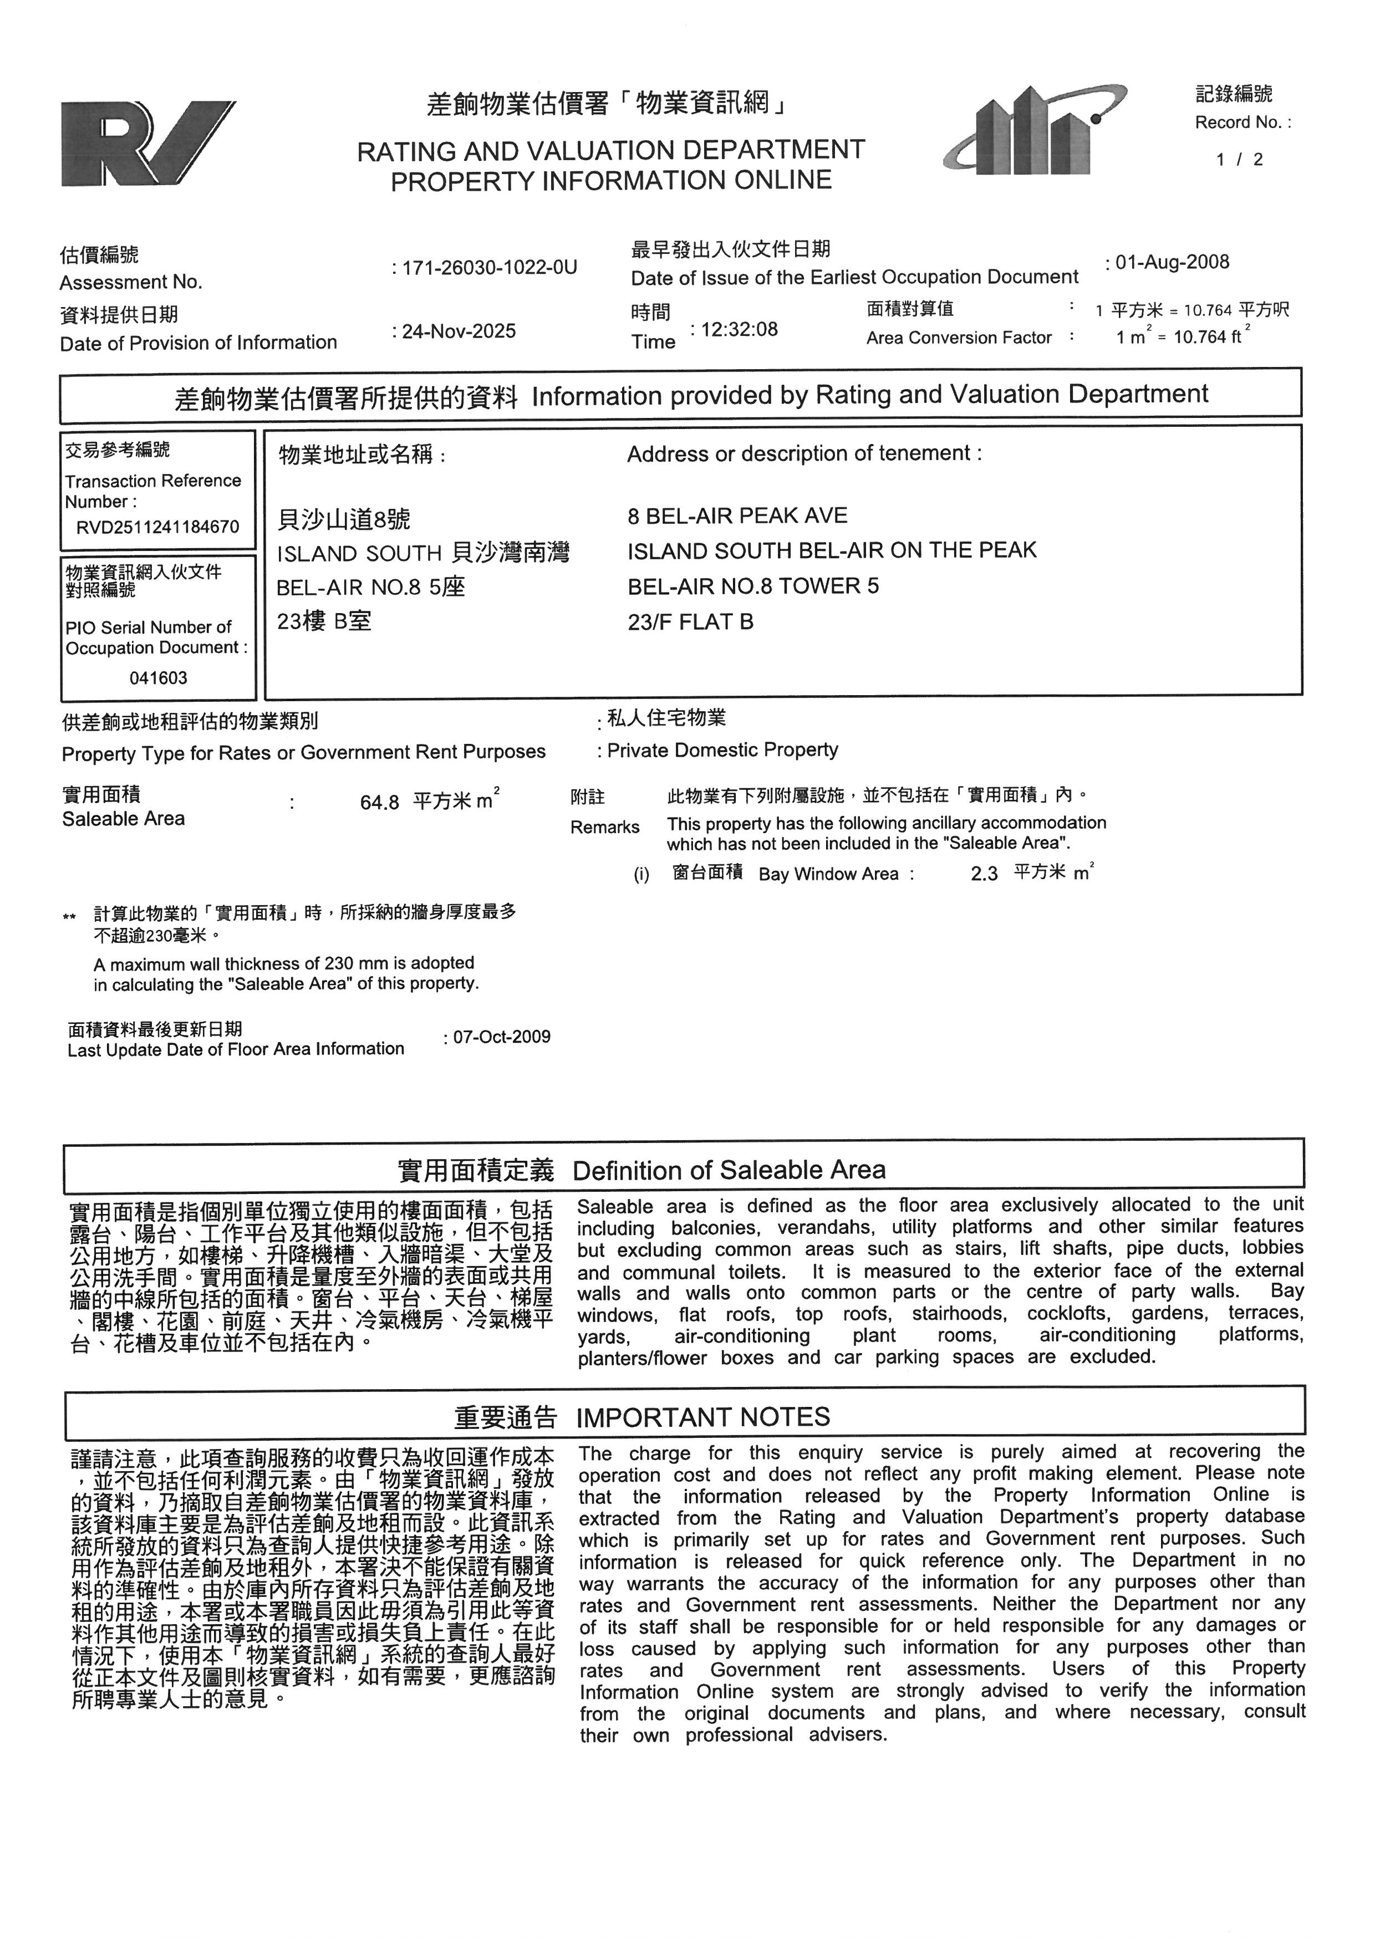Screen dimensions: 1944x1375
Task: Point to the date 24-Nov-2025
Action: pyautogui.click(x=458, y=331)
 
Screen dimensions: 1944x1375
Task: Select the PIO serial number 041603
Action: pyautogui.click(x=159, y=678)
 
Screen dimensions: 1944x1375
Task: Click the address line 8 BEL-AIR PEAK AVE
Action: pyautogui.click(x=737, y=516)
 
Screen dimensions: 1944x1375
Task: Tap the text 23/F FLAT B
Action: pyautogui.click(x=690, y=621)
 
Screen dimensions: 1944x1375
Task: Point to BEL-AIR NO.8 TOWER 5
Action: pyautogui.click(x=753, y=586)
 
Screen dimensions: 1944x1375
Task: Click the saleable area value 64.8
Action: pyautogui.click(x=379, y=802)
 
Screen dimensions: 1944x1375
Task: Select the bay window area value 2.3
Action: pyautogui.click(x=984, y=874)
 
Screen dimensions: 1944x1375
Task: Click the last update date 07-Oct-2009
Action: pyautogui.click(x=501, y=1037)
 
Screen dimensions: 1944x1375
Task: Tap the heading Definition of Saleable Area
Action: pyautogui.click(x=729, y=1170)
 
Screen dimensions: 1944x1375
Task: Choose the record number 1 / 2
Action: pyautogui.click(x=1240, y=159)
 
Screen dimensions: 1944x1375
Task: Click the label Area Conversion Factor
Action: pyautogui.click(x=959, y=338)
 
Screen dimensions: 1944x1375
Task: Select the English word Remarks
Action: pyautogui.click(x=604, y=827)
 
